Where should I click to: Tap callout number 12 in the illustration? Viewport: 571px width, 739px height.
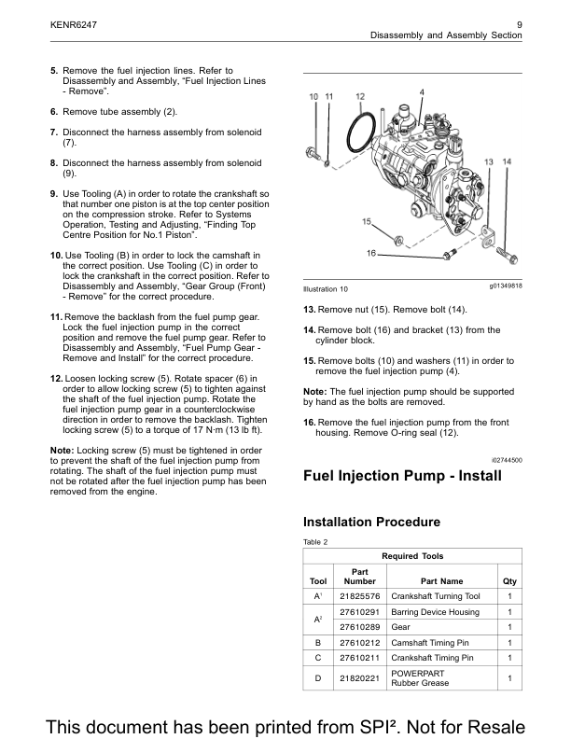click(360, 96)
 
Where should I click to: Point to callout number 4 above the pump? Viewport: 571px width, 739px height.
click(422, 91)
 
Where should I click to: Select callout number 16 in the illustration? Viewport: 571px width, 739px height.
click(371, 254)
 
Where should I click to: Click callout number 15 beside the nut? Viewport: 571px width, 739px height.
click(368, 221)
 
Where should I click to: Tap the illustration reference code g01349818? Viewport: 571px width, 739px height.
click(505, 286)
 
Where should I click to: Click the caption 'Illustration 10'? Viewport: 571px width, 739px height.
click(326, 289)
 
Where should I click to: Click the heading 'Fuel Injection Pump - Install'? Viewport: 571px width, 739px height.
click(403, 477)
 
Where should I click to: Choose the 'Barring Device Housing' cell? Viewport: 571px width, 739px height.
click(437, 612)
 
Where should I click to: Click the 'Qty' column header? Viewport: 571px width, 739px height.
click(509, 580)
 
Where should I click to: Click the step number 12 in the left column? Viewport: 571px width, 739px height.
click(55, 378)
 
